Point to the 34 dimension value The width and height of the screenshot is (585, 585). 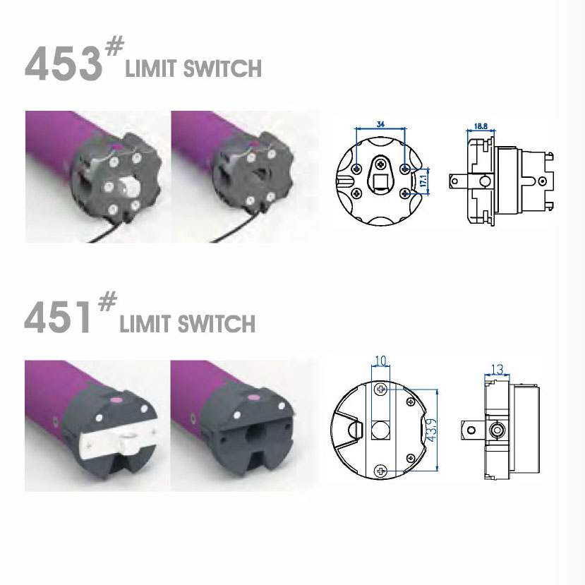381,124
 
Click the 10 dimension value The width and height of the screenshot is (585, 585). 380,361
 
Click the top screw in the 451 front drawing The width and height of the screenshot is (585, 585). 381,390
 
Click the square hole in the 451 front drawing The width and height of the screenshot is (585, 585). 381,429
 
